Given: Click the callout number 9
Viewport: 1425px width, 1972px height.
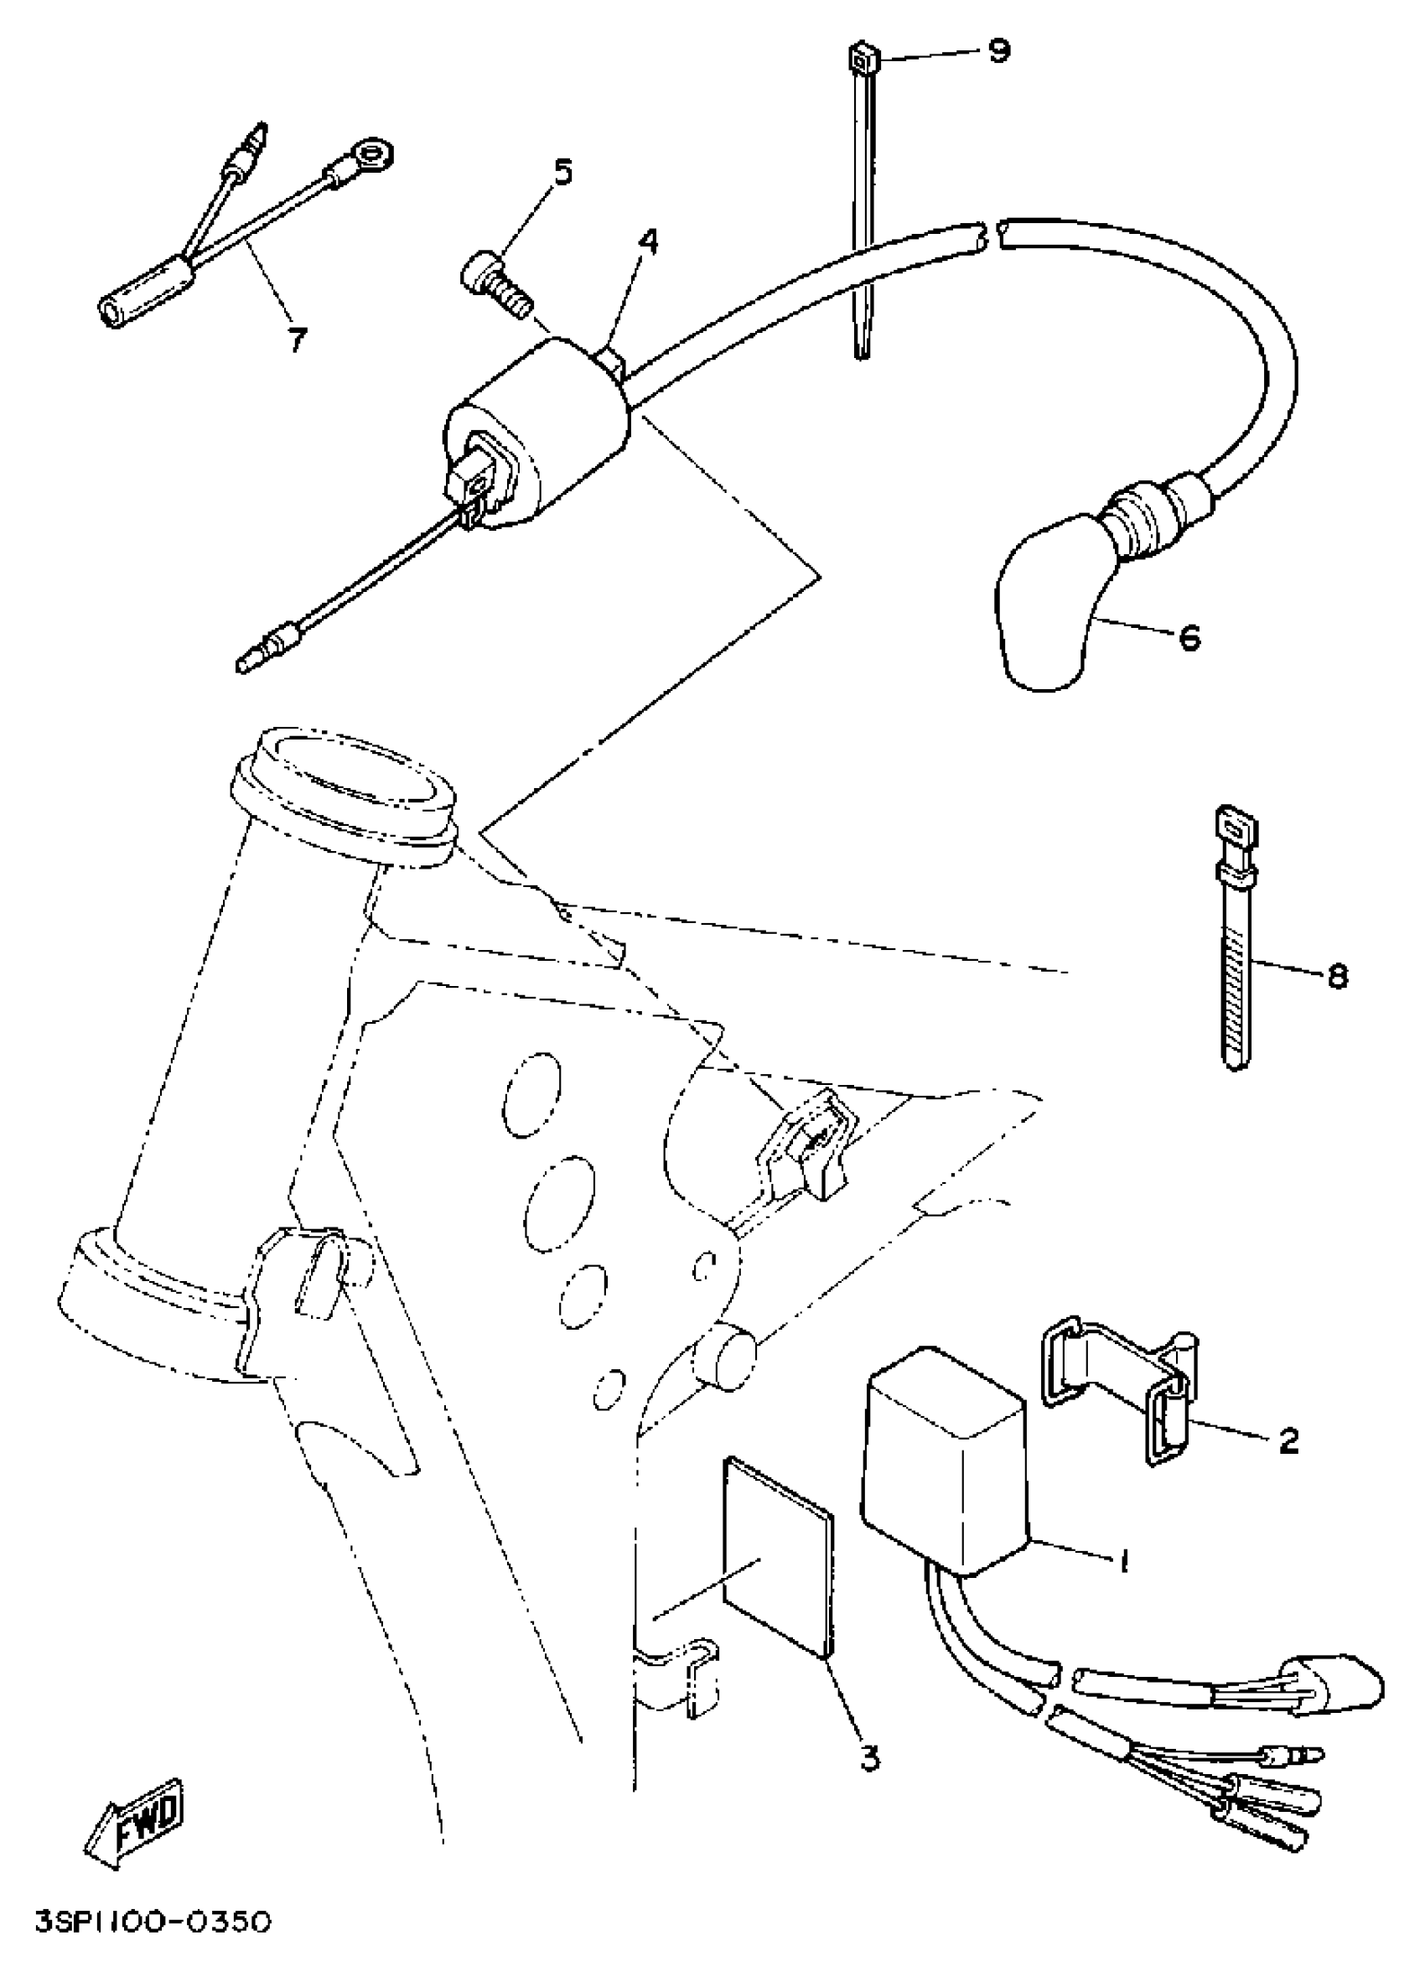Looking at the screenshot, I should tap(1000, 52).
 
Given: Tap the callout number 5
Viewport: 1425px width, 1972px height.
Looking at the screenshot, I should tap(563, 173).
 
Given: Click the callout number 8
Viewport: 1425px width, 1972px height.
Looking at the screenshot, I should tap(1337, 978).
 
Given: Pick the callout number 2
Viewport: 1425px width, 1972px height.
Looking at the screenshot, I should tap(1288, 1440).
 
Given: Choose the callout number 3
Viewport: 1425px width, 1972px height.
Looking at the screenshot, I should tap(869, 1760).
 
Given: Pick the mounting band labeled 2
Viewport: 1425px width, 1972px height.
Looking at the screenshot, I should tap(1122, 1383).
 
